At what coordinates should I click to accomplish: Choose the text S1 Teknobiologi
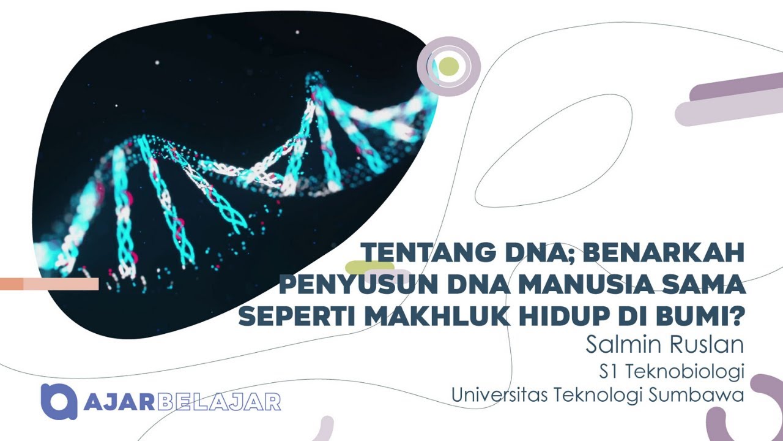[x=671, y=371]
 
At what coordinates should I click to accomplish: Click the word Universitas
[x=499, y=395]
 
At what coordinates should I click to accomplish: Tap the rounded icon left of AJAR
[x=59, y=401]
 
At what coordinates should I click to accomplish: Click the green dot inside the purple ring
[x=449, y=66]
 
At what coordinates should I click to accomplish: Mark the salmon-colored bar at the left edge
[x=49, y=284]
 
